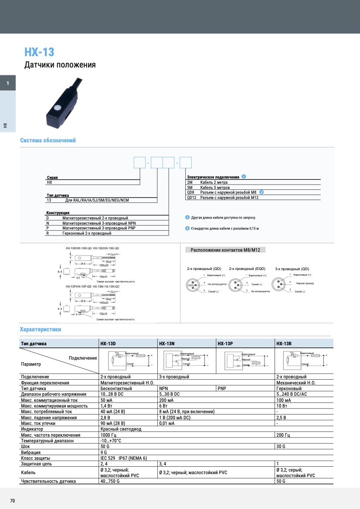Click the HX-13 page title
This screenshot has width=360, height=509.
tap(39, 52)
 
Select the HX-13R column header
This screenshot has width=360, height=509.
tap(284, 344)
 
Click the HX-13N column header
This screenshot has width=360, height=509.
tap(167, 344)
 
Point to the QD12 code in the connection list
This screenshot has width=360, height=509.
tap(192, 197)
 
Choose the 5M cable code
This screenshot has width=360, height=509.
tap(190, 187)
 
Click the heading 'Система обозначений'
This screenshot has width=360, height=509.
tap(48, 140)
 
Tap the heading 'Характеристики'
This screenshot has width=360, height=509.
tap(41, 329)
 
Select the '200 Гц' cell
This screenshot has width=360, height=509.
tap(283, 435)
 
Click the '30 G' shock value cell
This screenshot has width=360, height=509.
tap(281, 447)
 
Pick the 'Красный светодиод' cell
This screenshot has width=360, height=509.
tap(121, 429)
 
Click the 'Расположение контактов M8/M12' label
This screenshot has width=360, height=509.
tap(225, 250)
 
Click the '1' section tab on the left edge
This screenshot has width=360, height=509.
tap(7, 83)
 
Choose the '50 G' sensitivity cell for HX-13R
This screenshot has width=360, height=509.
tap(281, 481)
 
